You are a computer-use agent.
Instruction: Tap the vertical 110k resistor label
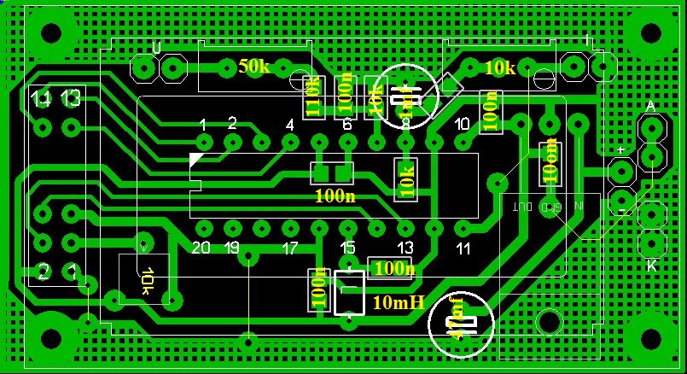pos(313,96)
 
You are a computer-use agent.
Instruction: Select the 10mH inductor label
pos(399,302)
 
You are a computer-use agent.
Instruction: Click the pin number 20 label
pos(201,248)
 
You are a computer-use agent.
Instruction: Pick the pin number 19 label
pos(231,248)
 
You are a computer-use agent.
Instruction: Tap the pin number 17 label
pos(289,249)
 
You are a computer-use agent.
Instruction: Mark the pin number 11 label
pos(463,248)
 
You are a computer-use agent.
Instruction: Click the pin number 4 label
pos(290,126)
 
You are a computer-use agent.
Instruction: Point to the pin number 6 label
pos(347,126)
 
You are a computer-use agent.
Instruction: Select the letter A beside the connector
pos(650,107)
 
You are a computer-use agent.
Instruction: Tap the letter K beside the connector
pos(651,266)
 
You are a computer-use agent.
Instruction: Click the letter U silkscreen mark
pos(155,47)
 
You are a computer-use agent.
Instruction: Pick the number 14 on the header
pos(40,99)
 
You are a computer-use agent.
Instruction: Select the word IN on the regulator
pos(579,207)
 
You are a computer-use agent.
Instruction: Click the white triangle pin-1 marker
pos(197,159)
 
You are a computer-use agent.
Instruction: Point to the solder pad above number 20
pos(203,228)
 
